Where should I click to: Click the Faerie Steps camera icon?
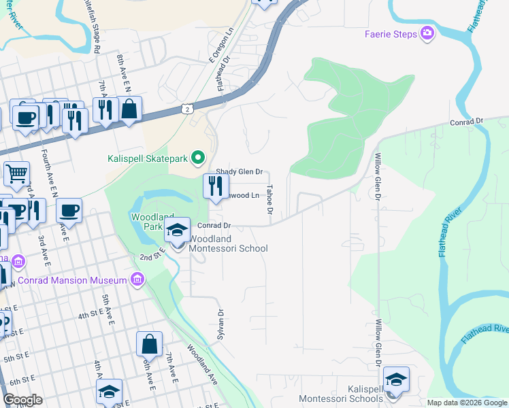(427, 33)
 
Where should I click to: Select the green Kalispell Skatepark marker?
(198, 158)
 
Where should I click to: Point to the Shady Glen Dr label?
(239, 173)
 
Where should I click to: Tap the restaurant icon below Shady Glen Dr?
(216, 186)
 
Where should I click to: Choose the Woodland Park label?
(148, 222)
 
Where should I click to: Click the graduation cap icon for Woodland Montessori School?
(177, 230)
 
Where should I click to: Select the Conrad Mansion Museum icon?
(138, 279)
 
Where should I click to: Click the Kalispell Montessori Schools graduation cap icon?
(396, 379)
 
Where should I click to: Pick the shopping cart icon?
(16, 173)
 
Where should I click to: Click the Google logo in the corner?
(22, 399)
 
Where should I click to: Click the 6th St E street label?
(18, 379)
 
